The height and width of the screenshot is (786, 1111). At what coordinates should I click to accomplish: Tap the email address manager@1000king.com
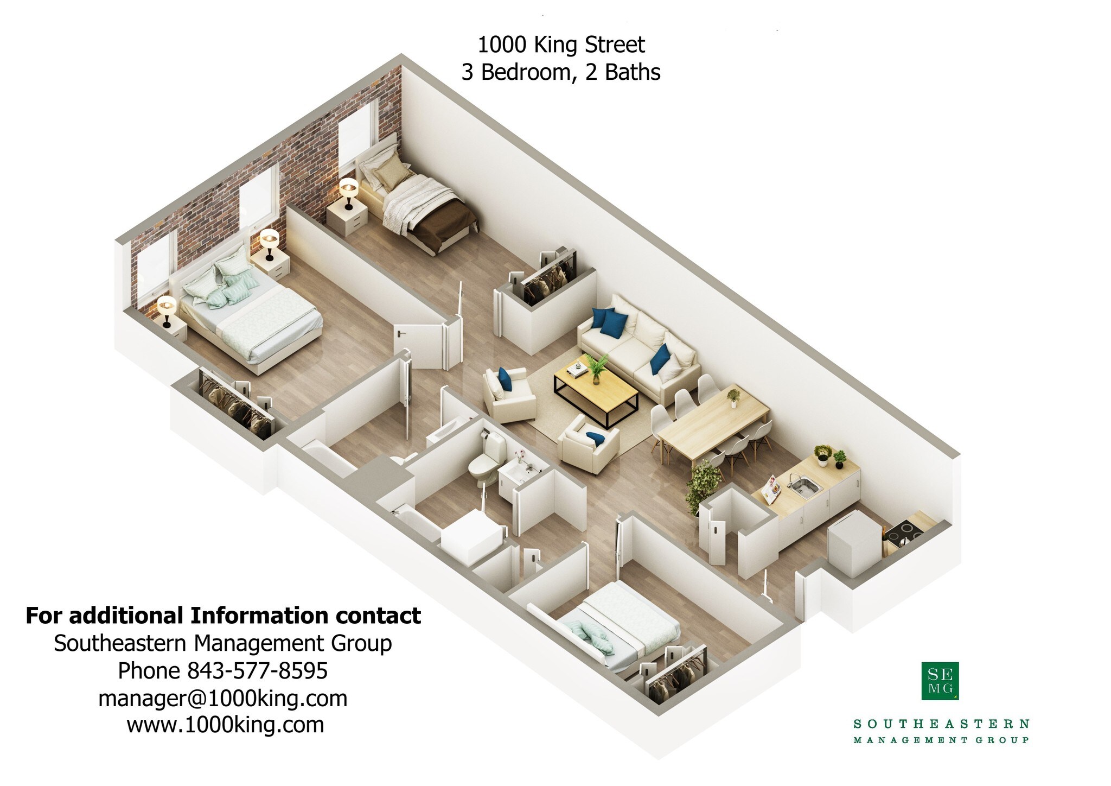[x=222, y=698]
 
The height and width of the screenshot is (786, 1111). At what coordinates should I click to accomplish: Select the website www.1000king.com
[x=225, y=725]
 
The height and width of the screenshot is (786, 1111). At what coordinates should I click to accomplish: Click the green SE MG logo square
[x=940, y=681]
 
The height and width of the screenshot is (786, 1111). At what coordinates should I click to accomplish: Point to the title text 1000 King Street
[x=561, y=45]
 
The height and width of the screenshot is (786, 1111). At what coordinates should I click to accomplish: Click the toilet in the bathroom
[x=481, y=467]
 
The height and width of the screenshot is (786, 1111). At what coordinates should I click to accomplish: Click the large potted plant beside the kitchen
[x=703, y=485]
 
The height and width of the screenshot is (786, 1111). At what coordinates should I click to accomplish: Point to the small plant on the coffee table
[x=597, y=367]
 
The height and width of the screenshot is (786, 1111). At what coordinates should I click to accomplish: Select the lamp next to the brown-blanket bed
[x=348, y=192]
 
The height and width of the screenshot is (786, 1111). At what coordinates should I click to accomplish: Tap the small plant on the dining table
[x=733, y=397]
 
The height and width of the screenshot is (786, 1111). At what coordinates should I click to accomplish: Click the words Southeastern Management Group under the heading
[x=222, y=643]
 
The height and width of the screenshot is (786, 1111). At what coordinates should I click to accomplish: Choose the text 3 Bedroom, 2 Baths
[x=561, y=72]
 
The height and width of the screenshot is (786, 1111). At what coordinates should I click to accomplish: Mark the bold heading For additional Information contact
[x=223, y=616]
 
